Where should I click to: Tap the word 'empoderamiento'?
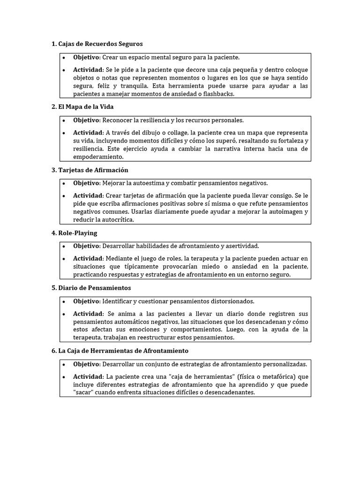pos(97,157)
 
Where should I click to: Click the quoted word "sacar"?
pos(83,393)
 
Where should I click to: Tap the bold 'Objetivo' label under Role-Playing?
pos(86,246)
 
